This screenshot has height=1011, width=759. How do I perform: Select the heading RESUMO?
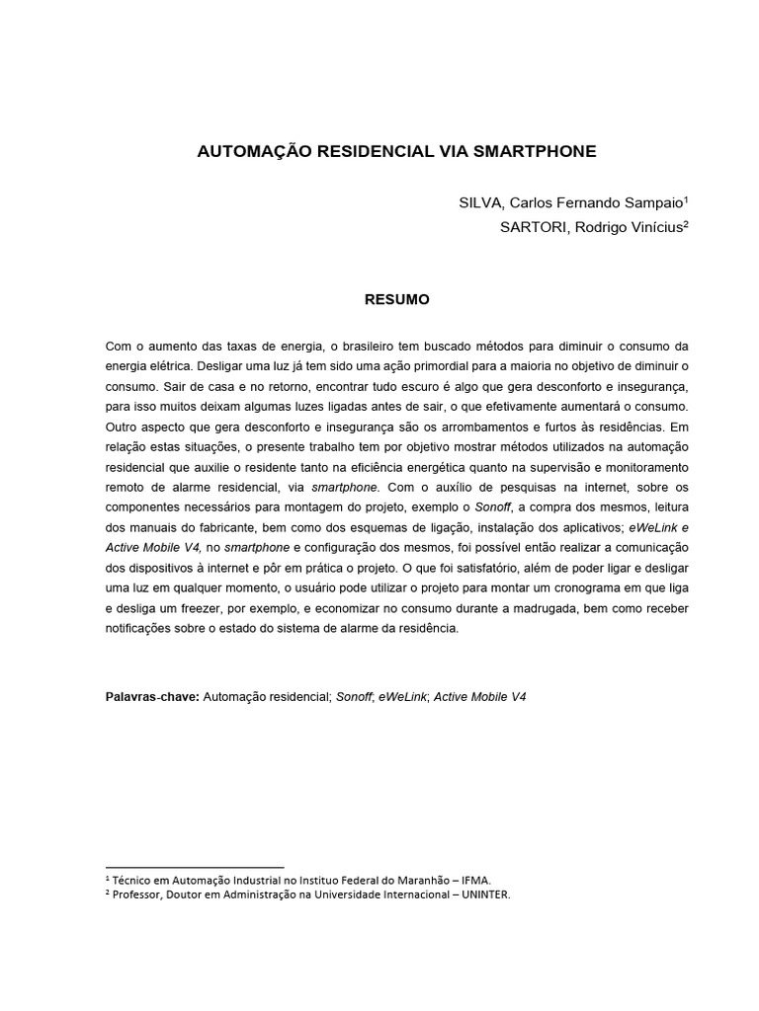tap(397, 299)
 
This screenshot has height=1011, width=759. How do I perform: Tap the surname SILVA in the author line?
tap(480, 202)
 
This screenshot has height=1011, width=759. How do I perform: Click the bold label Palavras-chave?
tap(151, 696)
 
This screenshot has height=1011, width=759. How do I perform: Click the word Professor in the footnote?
tap(139, 894)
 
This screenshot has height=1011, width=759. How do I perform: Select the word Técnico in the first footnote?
tap(134, 878)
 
